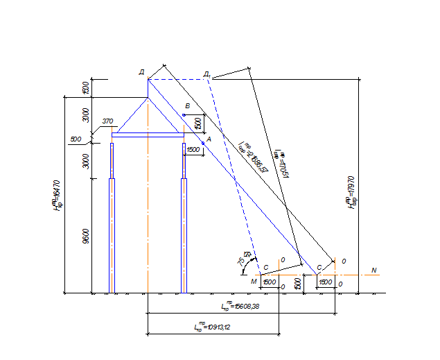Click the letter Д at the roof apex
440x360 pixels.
(141, 71)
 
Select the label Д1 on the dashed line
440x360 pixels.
(207, 74)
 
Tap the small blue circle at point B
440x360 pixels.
(184, 114)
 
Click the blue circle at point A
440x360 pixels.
(203, 143)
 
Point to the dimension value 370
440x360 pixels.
(107, 121)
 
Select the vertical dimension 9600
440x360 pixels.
(86, 236)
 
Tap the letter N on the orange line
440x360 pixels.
(374, 269)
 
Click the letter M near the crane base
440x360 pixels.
(254, 282)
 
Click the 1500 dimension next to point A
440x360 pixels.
(193, 150)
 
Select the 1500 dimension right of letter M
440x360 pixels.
(270, 282)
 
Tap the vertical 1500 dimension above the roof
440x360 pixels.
(86, 88)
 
